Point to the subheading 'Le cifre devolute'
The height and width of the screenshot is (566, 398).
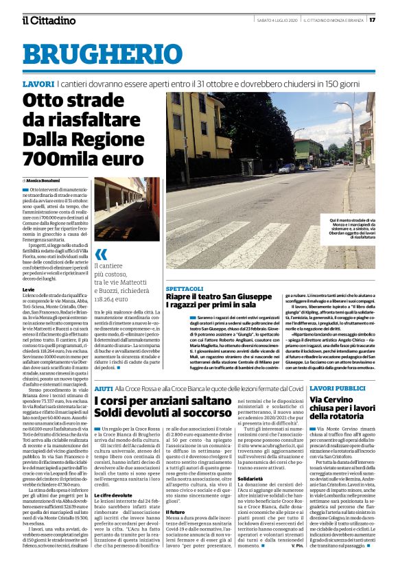pos(112,475)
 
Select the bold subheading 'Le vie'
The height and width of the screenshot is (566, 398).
pos(28,290)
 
